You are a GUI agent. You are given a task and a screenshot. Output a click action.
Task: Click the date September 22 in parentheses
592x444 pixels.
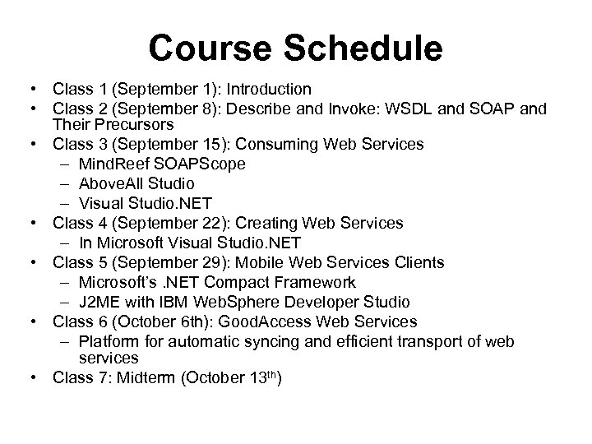tap(156, 223)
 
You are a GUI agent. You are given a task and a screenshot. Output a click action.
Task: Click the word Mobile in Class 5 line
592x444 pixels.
tap(258, 262)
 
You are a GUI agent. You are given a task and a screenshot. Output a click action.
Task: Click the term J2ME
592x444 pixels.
tap(99, 301)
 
